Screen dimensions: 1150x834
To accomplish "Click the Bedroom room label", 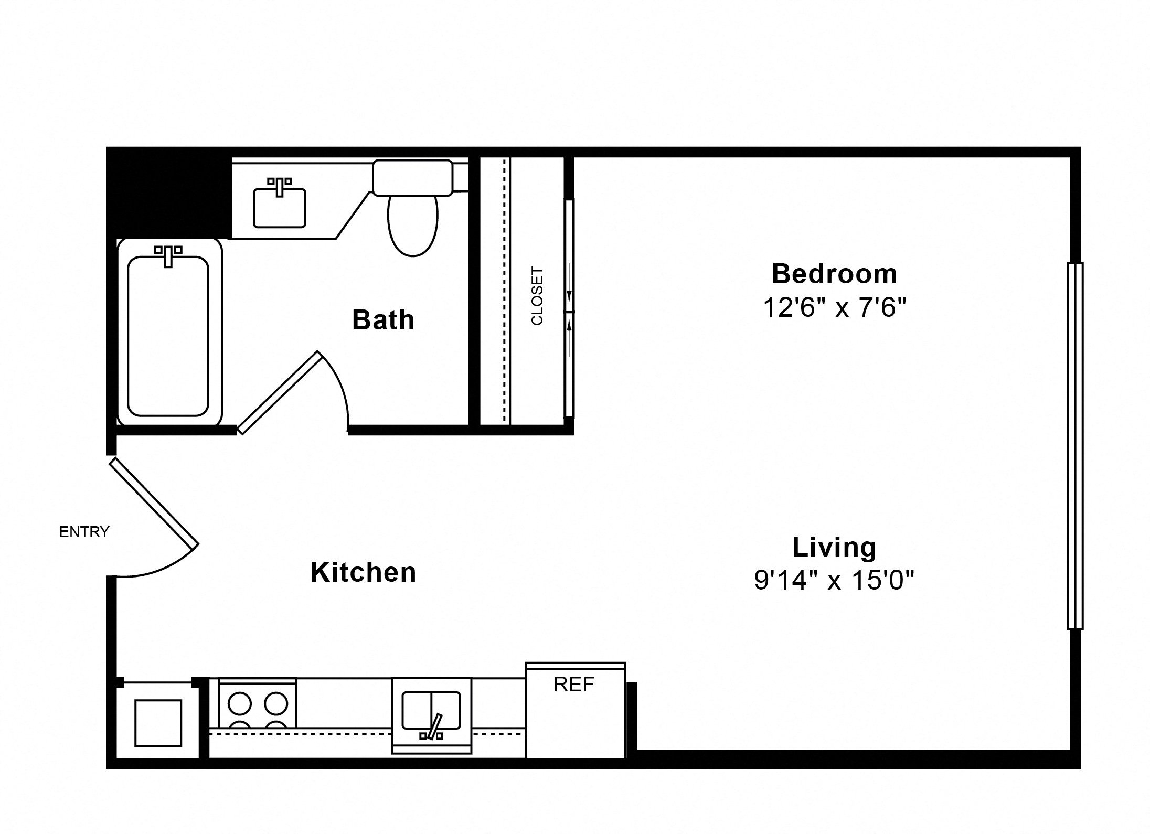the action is pos(834,274).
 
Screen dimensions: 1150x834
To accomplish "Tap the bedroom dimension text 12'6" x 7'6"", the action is pos(834,307).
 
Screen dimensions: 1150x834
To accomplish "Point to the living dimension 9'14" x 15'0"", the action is pos(834,581).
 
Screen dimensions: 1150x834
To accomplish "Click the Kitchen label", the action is pos(364,572).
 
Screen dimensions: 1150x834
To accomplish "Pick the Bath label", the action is pos(383,319).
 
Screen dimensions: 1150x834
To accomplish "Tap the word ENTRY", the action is pos(84,532).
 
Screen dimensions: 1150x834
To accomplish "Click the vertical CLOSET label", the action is pos(537,296).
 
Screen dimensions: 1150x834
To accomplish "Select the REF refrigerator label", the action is pos(574,684).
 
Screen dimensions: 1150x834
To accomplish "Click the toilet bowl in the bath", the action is pos(413,226).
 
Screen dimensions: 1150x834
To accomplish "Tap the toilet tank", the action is pos(413,178).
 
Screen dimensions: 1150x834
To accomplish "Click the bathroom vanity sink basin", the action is pos(280,208).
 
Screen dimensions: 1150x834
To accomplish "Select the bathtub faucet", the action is pos(168,255).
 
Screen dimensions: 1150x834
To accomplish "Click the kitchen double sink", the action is pos(431,710).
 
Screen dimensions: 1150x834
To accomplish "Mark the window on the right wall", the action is pos(1075,446).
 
